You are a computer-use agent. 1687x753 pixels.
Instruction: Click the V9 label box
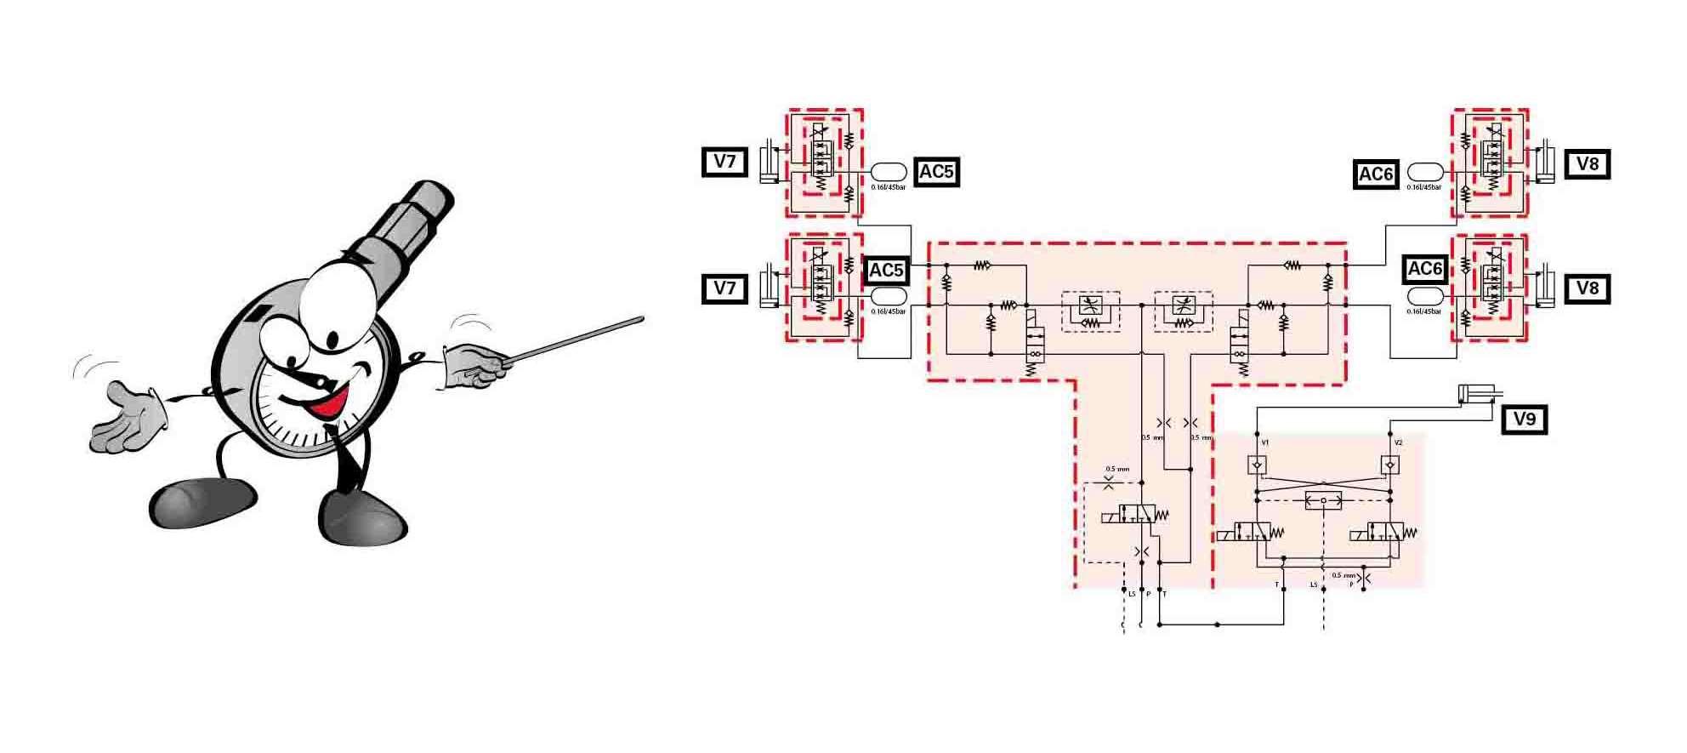click(x=1524, y=419)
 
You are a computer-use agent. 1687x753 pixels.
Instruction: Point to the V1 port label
click(x=1265, y=442)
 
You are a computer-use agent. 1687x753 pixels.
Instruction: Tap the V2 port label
click(x=1398, y=442)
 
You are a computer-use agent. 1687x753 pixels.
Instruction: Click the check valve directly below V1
click(x=1257, y=465)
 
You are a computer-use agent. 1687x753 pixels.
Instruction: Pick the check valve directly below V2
click(x=1389, y=465)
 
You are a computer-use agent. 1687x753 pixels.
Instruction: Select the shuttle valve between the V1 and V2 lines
click(x=1323, y=500)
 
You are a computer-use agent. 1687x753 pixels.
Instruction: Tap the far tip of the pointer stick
click(x=641, y=320)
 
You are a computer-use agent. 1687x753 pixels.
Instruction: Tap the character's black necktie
click(x=344, y=459)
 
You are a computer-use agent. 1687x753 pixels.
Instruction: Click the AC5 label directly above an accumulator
click(x=885, y=271)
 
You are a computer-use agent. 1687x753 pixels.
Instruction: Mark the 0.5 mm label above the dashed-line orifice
click(x=1117, y=469)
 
